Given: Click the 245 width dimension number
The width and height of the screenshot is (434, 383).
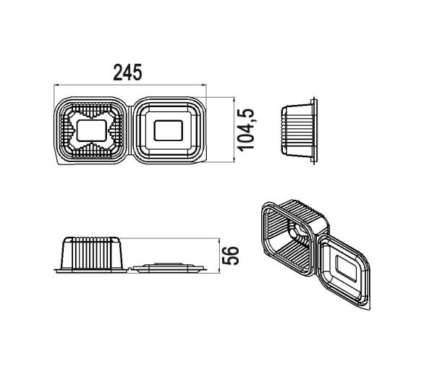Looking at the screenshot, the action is click(x=127, y=72).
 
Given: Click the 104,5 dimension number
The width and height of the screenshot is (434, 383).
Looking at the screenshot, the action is click(x=247, y=130).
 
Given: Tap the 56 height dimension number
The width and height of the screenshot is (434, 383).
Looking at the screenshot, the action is click(x=230, y=256).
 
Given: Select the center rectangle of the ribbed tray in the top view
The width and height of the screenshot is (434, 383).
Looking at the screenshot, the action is click(x=92, y=130).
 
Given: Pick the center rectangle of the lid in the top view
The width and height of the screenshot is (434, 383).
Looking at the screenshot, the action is click(x=169, y=130).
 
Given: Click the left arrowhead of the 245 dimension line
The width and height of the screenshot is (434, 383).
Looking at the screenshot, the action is click(x=56, y=85).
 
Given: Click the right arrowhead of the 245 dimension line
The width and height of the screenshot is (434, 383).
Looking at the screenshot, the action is click(x=204, y=85).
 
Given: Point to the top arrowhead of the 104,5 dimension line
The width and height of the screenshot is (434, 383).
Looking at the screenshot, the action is click(x=234, y=99).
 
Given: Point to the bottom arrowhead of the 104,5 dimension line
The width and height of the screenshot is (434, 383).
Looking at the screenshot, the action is click(x=234, y=160).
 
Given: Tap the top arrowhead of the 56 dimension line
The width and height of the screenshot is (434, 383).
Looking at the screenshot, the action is click(x=219, y=240).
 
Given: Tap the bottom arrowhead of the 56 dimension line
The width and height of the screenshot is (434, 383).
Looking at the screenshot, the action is click(x=219, y=271).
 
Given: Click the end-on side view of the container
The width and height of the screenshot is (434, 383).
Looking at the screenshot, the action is click(x=299, y=130).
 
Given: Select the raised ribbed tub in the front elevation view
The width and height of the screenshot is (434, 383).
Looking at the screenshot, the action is click(x=92, y=253).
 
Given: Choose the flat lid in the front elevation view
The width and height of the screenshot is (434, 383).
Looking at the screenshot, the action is click(x=169, y=267).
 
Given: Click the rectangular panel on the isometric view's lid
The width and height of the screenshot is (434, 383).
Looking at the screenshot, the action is click(x=346, y=269).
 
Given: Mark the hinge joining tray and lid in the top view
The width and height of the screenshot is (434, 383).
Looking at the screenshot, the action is click(x=130, y=130).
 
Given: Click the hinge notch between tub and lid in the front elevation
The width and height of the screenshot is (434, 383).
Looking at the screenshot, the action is click(x=130, y=269).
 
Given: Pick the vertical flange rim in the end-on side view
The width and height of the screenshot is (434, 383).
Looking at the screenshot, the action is click(x=314, y=130).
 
